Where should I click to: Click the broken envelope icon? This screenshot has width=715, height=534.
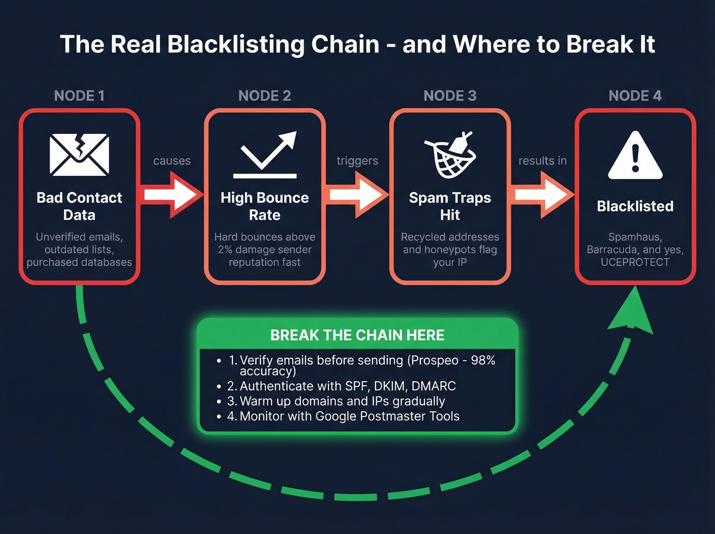(x=79, y=155)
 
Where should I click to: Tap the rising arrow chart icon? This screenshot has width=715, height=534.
(x=266, y=155)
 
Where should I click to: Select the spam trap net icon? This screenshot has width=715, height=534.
(x=450, y=155)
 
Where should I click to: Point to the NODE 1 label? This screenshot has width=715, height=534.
(x=79, y=96)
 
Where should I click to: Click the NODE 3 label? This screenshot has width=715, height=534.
(x=450, y=96)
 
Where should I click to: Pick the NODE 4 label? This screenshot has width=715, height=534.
(x=635, y=96)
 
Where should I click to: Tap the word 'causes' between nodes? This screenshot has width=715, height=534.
(x=172, y=161)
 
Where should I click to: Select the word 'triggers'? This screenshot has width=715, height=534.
(x=357, y=161)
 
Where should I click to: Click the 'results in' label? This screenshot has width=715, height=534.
(x=542, y=161)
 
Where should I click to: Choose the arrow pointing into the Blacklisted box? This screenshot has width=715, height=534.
(x=542, y=195)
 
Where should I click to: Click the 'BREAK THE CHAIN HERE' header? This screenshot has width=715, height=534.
(x=357, y=335)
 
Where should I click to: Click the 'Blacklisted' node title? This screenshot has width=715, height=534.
(x=635, y=206)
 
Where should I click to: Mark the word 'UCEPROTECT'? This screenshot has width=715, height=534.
(x=635, y=262)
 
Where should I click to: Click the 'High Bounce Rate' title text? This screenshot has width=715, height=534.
(x=265, y=206)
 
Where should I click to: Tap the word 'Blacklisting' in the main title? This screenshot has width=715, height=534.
(x=236, y=44)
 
